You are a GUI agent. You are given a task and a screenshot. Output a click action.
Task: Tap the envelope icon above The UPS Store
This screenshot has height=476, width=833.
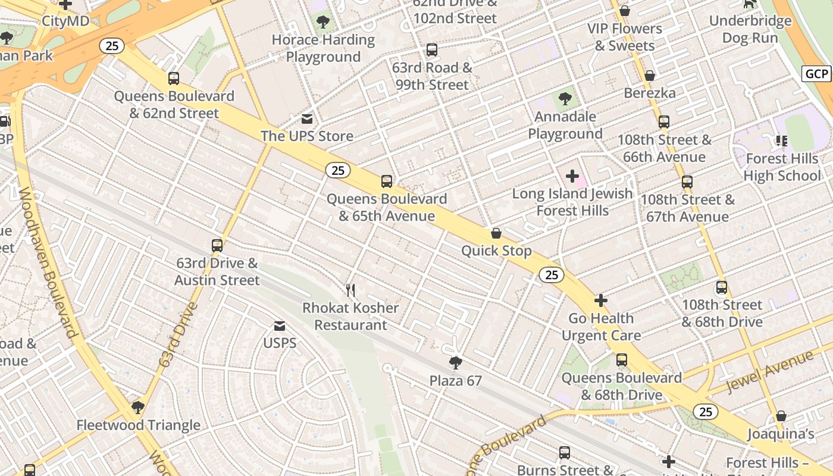coord(307,119)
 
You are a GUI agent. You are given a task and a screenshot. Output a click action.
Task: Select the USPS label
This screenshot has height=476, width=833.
coord(280,343)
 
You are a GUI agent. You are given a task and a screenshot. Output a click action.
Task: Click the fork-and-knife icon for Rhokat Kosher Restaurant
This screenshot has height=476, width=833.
coord(350,290)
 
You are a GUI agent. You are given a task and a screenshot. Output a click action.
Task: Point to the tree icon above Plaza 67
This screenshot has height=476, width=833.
coord(456,363)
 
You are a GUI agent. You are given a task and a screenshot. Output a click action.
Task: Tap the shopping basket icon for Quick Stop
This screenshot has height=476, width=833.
coord(496,233)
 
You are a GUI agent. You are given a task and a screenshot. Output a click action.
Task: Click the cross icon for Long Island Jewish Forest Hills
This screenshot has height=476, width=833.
coord(572,176)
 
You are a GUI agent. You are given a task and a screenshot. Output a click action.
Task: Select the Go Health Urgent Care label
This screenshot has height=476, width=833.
coord(601,327)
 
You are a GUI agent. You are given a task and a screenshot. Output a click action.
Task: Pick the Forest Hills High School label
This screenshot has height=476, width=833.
coord(782,167)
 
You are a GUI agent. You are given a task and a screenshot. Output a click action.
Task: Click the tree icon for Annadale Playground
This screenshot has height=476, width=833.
coord(565,99)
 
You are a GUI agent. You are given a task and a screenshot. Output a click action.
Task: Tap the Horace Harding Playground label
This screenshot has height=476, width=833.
coord(323,48)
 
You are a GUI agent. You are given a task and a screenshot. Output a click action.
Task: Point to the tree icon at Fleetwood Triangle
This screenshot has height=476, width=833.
coord(138,408)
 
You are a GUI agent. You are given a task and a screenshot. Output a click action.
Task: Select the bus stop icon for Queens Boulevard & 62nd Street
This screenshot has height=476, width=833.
coord(174,79)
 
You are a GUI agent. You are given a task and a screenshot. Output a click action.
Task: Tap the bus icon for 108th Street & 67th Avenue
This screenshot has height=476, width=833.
coord(687,182)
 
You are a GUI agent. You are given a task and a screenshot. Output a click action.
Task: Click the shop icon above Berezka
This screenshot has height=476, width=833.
coord(650,76)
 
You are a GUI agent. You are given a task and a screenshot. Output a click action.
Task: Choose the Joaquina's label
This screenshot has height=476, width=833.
coord(781,434)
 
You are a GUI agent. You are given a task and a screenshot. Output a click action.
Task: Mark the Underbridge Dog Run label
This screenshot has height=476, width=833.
coord(750,29)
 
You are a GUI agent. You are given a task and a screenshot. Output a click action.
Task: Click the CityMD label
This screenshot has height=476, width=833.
coord(65,21)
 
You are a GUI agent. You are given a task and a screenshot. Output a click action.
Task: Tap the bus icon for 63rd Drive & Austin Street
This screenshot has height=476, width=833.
coord(217,246)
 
